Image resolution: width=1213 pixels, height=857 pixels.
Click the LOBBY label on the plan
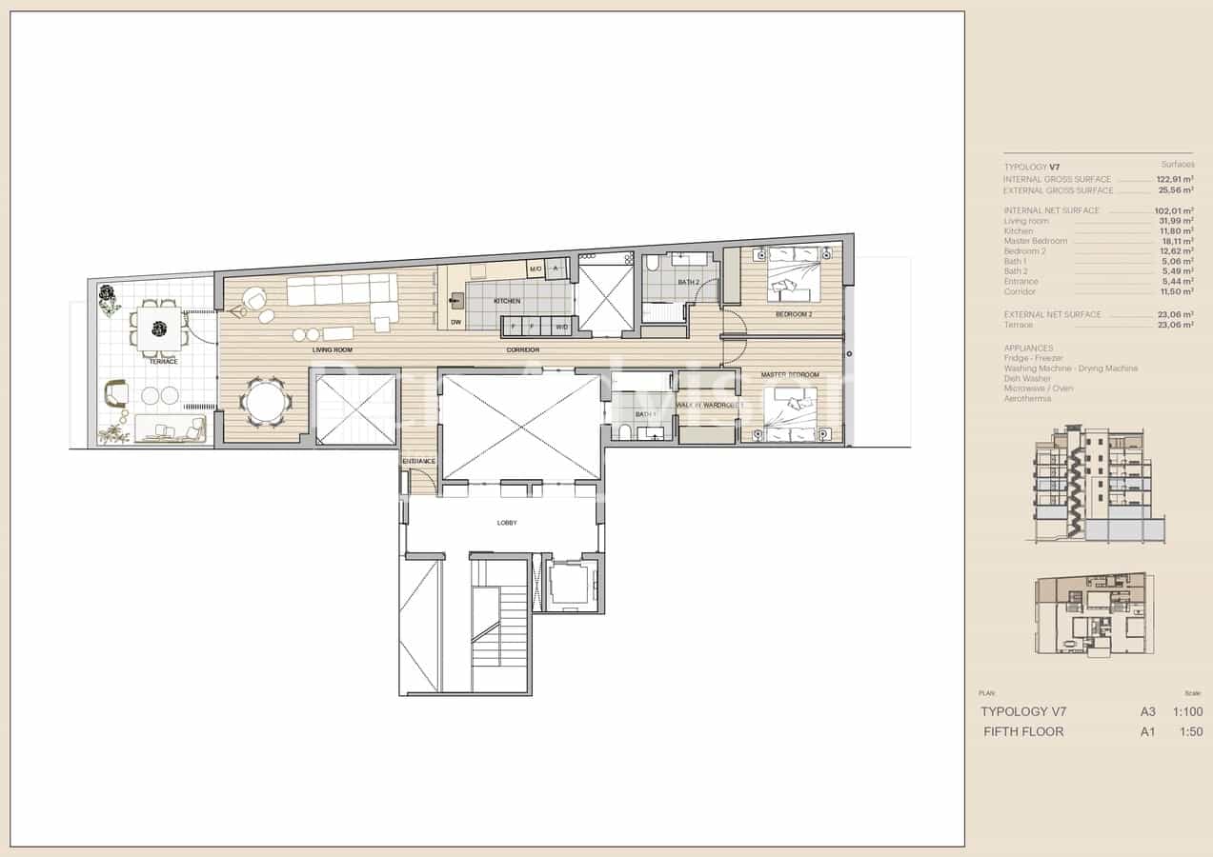[x=507, y=523]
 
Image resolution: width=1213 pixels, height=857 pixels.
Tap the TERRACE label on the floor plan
[x=162, y=361]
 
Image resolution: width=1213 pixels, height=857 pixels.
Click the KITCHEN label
[x=507, y=301]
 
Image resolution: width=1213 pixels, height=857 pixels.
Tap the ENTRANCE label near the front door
[x=418, y=461]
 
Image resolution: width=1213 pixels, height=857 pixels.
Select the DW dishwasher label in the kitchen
[x=456, y=323]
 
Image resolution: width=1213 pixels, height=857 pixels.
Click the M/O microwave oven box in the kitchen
[x=536, y=269]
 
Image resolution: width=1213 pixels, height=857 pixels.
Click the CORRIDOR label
[x=523, y=350]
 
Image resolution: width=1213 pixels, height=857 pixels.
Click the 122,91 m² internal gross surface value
[x=1175, y=179]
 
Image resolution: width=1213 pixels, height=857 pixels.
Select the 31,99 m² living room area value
[x=1176, y=221]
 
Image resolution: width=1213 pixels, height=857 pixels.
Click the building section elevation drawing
[x=1096, y=486]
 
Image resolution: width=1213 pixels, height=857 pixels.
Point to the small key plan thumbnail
[x=1092, y=613]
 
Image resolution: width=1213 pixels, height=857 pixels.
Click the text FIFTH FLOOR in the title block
[x=1023, y=731]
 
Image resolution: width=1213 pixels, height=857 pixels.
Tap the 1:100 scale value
[x=1187, y=711]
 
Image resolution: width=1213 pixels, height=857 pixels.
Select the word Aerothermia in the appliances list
[x=1027, y=398]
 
